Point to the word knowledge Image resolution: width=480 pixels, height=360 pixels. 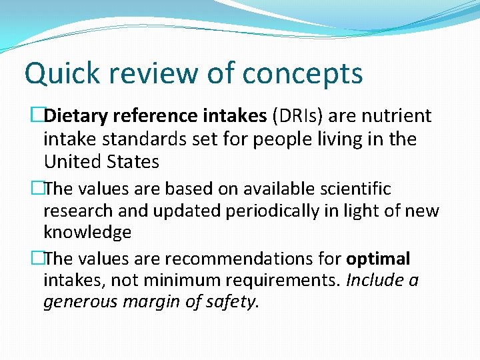pyautogui.click(x=87, y=233)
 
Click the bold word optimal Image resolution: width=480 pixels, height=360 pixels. pyautogui.click(x=378, y=259)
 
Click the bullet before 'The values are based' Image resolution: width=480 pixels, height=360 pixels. pyautogui.click(x=38, y=189)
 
